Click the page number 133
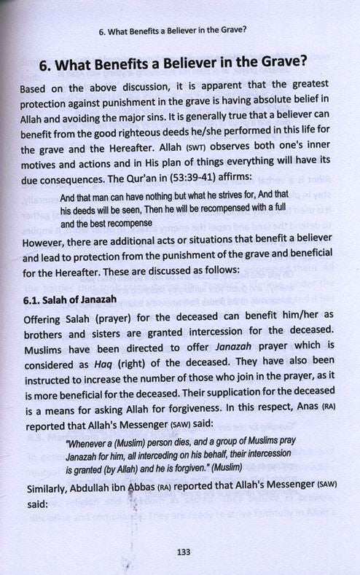pyautogui.click(x=183, y=552)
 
